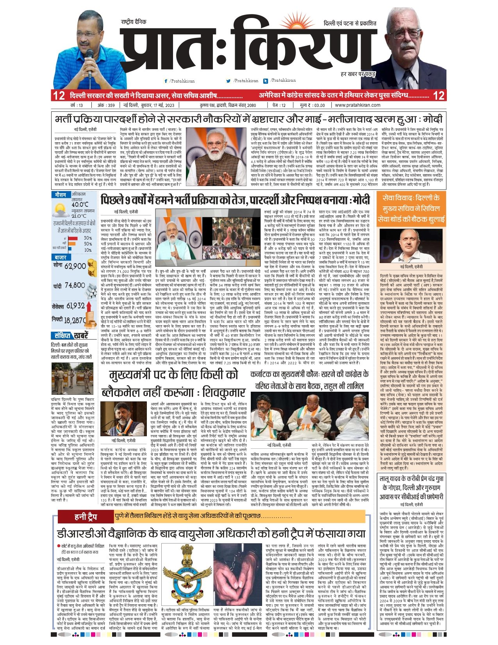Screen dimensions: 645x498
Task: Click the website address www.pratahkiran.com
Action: click(x=357, y=105)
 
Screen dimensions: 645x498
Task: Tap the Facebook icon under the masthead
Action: click(x=166, y=81)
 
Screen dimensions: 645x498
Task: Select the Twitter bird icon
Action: click(x=228, y=81)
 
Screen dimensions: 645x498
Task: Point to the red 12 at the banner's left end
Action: click(x=59, y=95)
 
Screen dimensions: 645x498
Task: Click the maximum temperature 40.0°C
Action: click(x=80, y=204)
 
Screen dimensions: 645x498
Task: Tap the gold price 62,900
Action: click(x=75, y=266)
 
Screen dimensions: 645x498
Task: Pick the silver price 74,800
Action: click(x=75, y=285)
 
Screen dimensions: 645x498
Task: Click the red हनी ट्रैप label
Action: click(x=86, y=517)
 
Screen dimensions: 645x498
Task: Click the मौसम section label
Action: click(x=61, y=195)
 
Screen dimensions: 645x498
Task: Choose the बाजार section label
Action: click(x=61, y=258)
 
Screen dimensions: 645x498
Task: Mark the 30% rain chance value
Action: click(x=88, y=238)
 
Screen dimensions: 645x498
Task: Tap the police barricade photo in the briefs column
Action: click(x=72, y=378)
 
